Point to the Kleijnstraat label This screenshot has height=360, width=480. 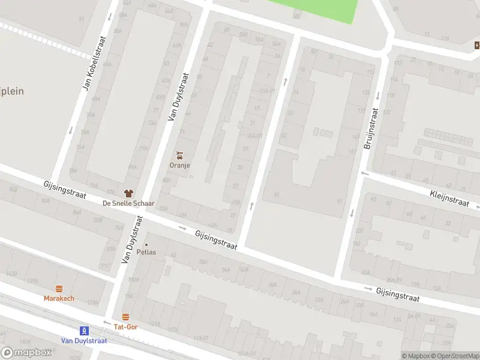click(449, 197)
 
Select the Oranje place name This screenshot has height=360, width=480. click(179, 165)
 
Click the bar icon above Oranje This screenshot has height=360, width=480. click(179, 155)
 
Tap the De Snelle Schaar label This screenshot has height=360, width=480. click(128, 203)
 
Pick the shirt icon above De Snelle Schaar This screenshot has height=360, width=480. click(128, 193)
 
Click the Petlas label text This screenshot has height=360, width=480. click(146, 252)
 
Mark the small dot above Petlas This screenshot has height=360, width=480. click(146, 244)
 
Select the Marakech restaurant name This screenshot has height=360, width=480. click(59, 298)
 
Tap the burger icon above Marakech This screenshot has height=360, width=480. click(59, 289)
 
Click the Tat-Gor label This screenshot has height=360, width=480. click(125, 327)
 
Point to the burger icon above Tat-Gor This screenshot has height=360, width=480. click(125, 317)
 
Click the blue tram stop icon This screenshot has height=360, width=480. click(85, 330)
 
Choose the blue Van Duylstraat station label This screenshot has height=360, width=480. click(85, 340)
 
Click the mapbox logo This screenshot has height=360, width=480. click(26, 353)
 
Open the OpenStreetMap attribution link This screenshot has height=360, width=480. click(453, 356)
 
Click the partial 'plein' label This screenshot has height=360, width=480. click(11, 91)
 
